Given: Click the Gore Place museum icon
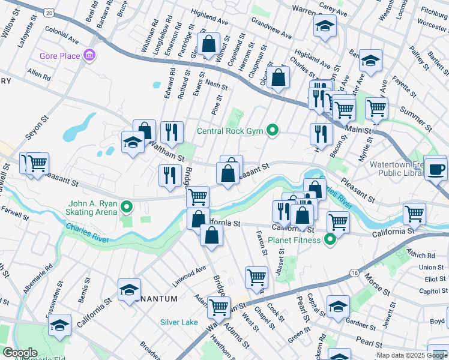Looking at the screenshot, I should point(90,56).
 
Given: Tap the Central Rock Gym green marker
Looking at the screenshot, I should point(273,130).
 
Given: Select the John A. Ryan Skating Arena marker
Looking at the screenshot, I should point(127,208).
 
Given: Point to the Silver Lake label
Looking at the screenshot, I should point(179,322).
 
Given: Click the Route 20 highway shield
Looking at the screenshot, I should point(49,12).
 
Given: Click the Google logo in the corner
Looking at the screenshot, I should point(20,353).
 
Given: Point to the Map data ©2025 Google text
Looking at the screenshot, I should point(412,355).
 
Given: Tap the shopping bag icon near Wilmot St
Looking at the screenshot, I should point(209,44).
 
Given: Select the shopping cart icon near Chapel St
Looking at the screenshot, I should point(256,277).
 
